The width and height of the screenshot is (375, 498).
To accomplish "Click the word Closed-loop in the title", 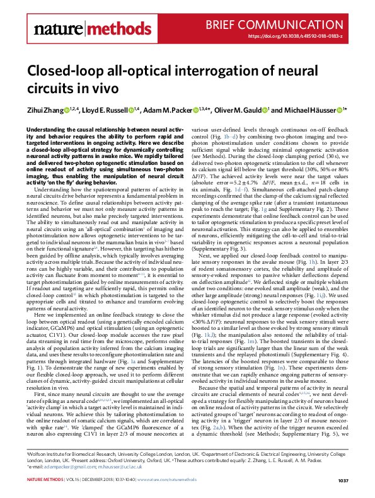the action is pyautogui.click(x=67, y=72).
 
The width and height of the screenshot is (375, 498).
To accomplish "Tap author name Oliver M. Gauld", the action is pyautogui.click(x=241, y=111).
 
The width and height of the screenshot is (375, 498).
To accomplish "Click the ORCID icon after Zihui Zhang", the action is pyautogui.click(x=67, y=111).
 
